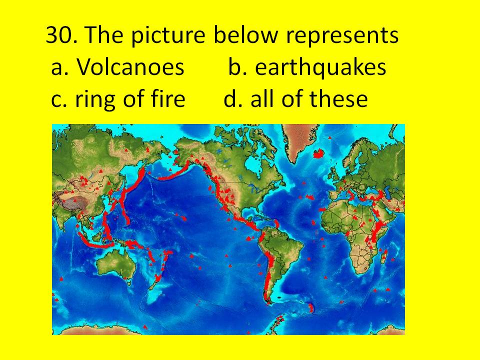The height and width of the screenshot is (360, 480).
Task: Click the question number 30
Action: pos(60,35)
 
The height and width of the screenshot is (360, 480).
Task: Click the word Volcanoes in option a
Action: pos(130,66)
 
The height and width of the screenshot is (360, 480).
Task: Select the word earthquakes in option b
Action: pos(320,66)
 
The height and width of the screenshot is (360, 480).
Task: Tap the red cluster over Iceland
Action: pos(318,153)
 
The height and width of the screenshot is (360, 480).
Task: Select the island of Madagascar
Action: pos(384,256)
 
